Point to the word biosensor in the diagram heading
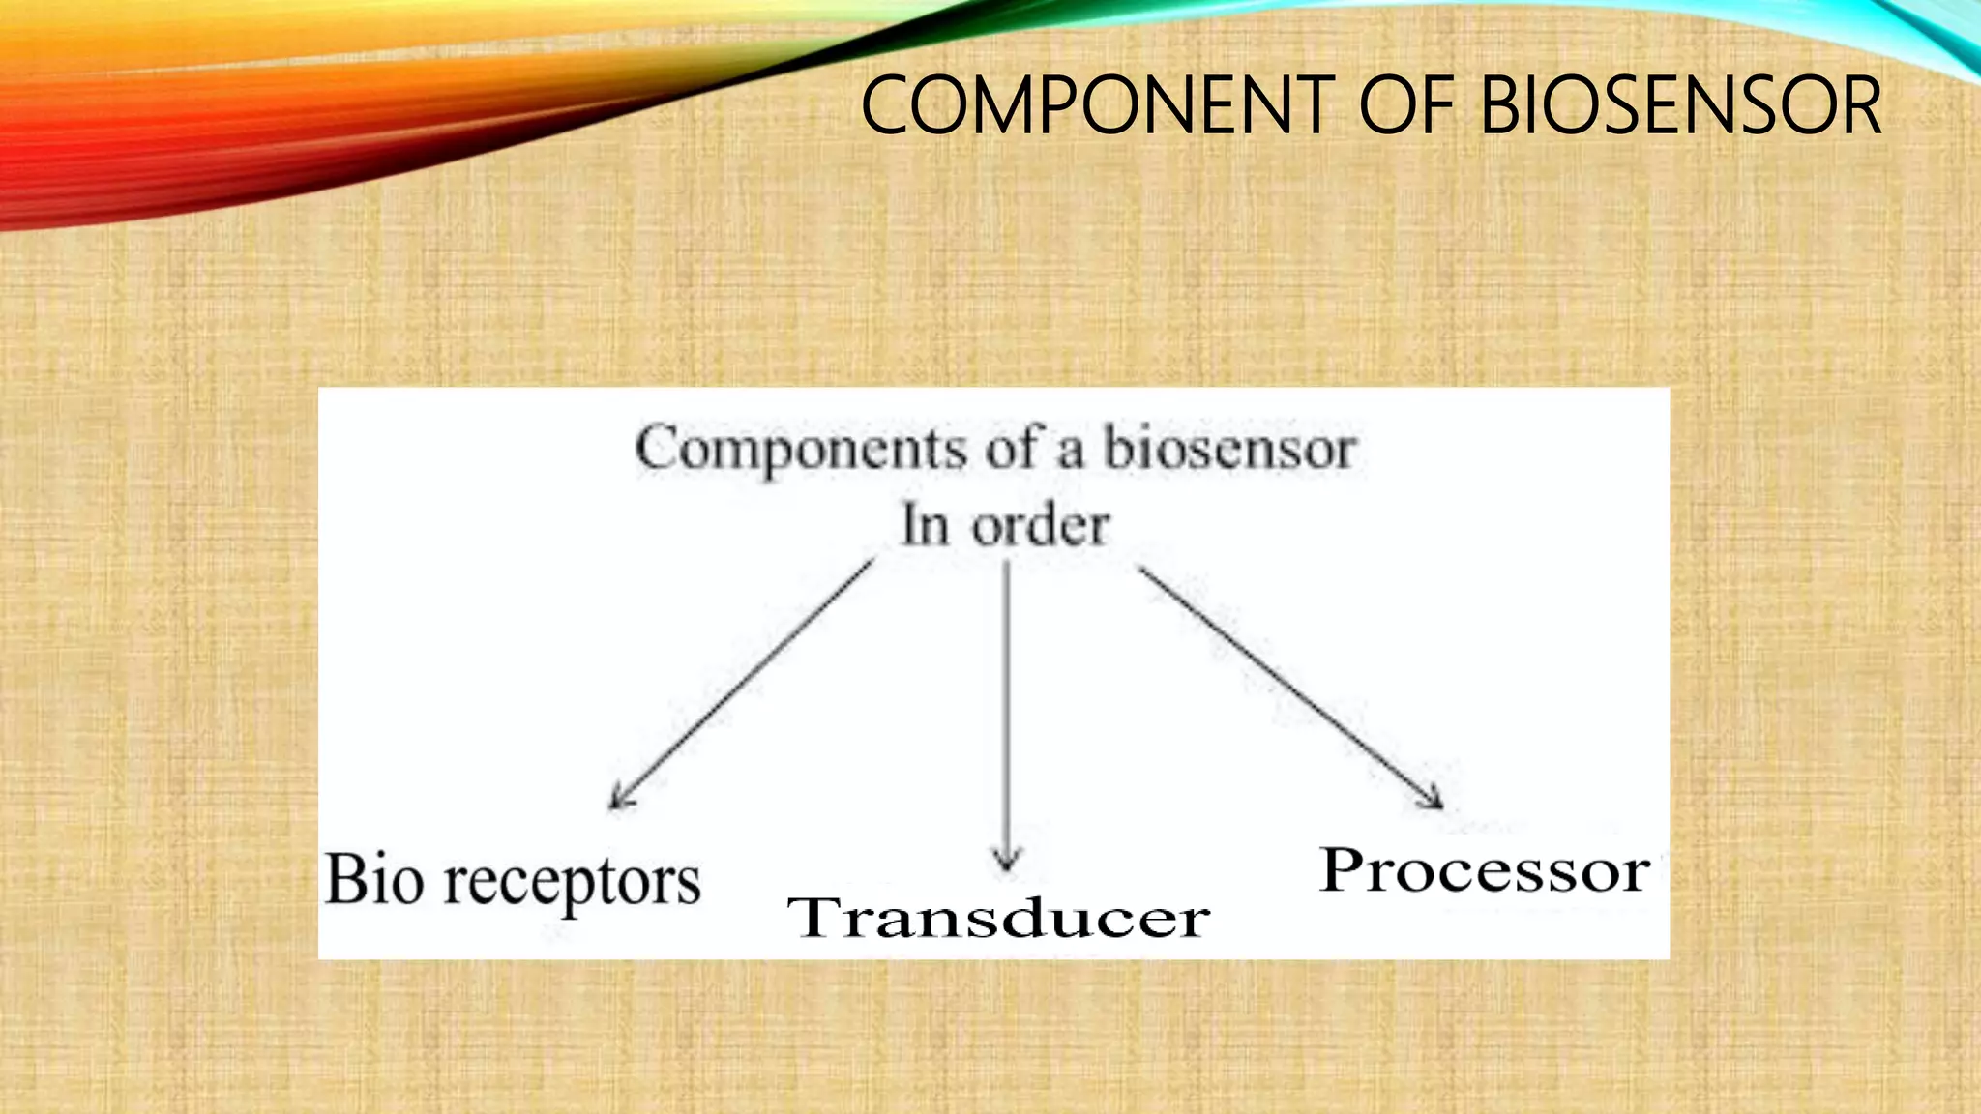[x=1229, y=450]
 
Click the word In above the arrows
[x=925, y=527]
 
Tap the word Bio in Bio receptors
[x=373, y=880]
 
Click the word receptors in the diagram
[x=572, y=883]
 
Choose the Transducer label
[x=998, y=917]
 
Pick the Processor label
[x=1485, y=870]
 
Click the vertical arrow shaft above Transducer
[x=1007, y=706]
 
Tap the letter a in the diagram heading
[x=1070, y=453]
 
